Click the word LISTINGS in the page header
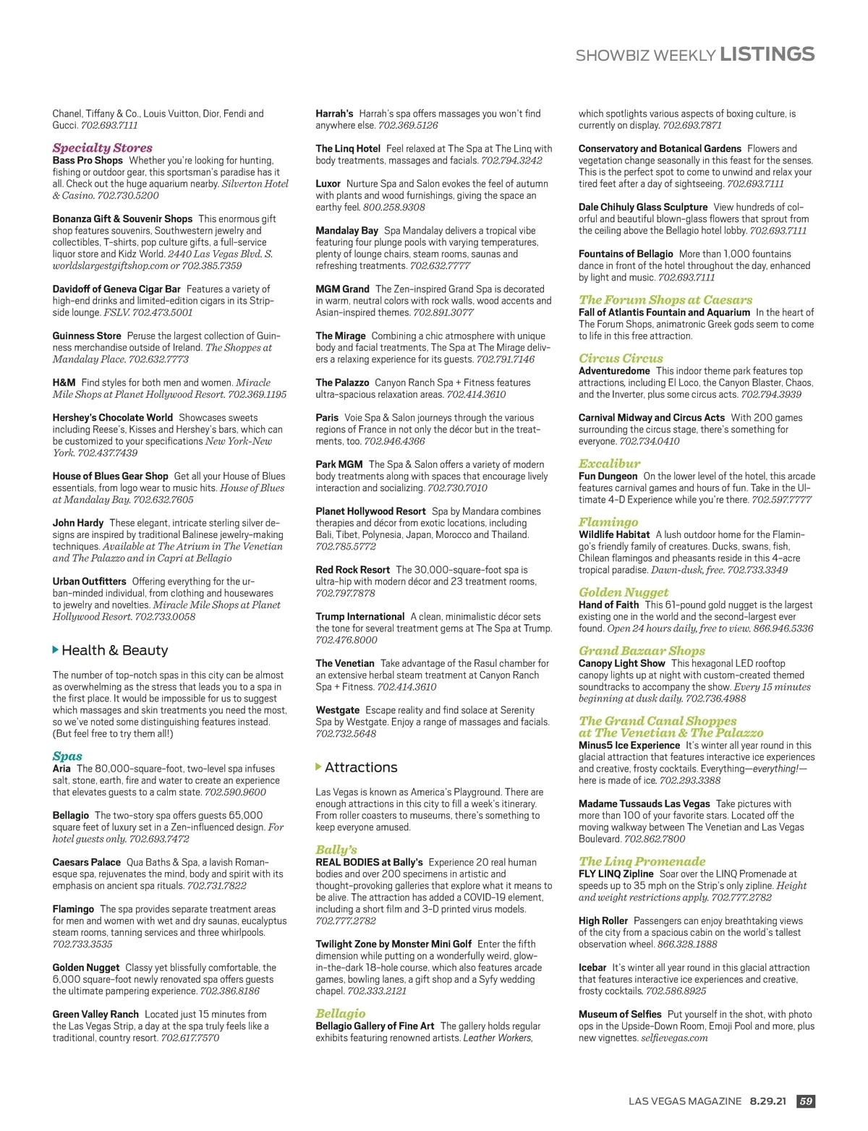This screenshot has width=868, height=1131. coord(767,54)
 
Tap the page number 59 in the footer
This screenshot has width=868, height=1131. coord(805,1101)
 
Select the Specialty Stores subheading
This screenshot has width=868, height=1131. coord(102,148)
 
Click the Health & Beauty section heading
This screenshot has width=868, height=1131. coord(114,650)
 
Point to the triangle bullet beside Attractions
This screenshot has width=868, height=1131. coord(319,767)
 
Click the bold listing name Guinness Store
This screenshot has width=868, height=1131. coord(87,336)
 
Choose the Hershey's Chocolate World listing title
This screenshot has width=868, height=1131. coord(112,417)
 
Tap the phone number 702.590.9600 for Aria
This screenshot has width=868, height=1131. coord(235,792)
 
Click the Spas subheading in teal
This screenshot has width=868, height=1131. coord(67,756)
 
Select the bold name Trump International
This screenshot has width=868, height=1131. coord(359,617)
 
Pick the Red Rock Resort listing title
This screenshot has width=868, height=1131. coord(352,570)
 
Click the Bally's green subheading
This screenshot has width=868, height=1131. coord(336,850)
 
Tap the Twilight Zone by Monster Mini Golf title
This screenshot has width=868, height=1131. coord(393,944)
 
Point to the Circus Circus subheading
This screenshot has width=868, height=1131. coord(621,358)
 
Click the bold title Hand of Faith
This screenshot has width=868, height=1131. coord(608,605)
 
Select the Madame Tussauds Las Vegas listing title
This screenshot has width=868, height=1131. coord(644,803)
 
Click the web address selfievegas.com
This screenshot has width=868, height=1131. coord(674,1038)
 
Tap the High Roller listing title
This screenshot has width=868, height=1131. coord(603,921)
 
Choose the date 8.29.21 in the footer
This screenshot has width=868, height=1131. coord(767,1101)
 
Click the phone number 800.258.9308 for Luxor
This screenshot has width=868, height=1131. coord(393,207)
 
